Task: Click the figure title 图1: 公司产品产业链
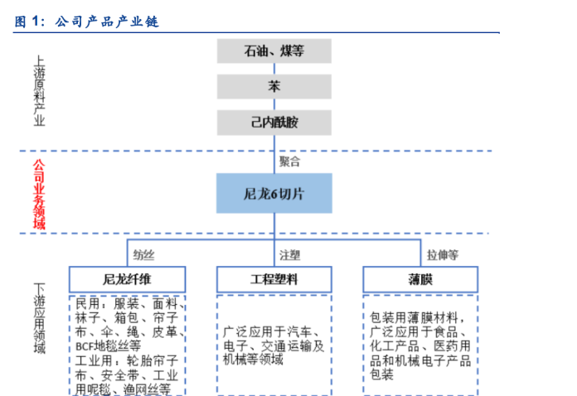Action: [x=86, y=22]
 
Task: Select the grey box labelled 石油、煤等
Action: [x=274, y=51]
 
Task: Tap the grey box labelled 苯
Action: [x=274, y=87]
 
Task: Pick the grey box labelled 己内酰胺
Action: [x=274, y=123]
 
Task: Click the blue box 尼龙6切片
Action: [x=274, y=193]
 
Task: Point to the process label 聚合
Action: [x=289, y=162]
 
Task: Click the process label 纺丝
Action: [x=143, y=255]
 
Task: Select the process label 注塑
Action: [x=289, y=255]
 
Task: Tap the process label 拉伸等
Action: [x=443, y=255]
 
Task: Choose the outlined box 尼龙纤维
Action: [x=127, y=279]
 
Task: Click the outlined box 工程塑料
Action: [x=274, y=279]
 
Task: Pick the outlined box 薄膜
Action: [x=420, y=279]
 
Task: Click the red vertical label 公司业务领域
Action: [x=39, y=194]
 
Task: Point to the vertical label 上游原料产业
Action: [x=39, y=91]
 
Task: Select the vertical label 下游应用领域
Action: [x=39, y=318]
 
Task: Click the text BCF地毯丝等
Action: [x=108, y=346]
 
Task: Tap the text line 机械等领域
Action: [x=253, y=360]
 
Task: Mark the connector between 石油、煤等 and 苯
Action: [x=274, y=69]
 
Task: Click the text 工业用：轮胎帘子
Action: [x=127, y=360]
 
